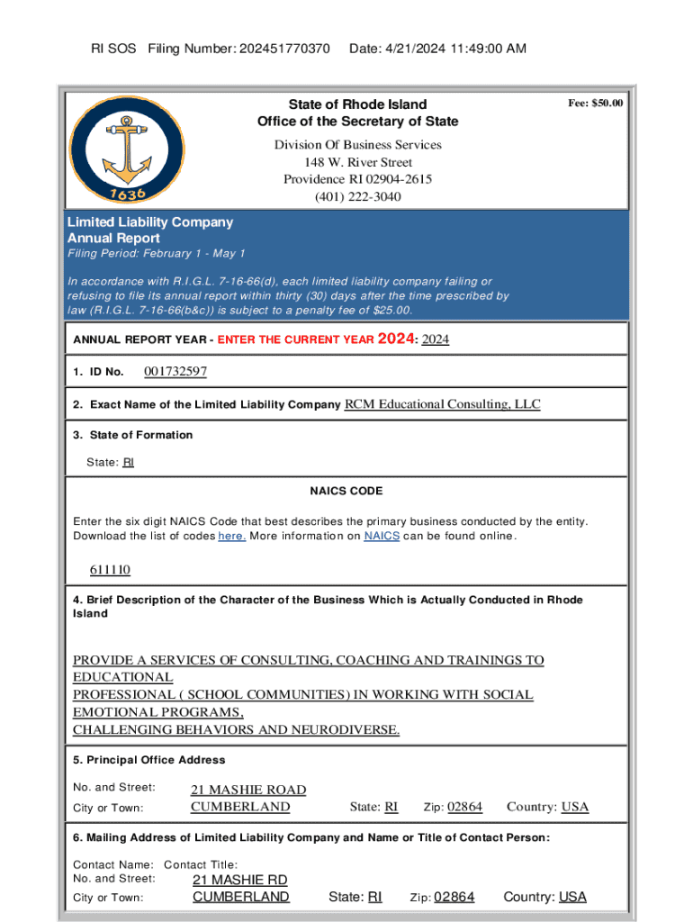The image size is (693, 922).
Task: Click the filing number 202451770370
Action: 285,48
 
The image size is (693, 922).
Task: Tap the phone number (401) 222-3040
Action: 357,196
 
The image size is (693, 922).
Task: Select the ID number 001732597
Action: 175,372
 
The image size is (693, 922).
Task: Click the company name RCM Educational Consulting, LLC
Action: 443,404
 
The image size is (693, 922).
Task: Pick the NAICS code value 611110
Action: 110,570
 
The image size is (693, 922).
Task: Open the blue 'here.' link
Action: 232,537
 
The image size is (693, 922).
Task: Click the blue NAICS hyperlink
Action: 382,537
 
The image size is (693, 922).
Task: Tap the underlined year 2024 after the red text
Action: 436,339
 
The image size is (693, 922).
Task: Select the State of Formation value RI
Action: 128,462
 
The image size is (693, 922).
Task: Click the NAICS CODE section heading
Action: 346,491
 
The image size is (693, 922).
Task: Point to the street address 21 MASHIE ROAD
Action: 248,790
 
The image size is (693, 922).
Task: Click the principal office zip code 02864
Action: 464,807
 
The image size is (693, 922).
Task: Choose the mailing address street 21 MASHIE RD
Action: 240,879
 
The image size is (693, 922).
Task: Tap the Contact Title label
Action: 201,864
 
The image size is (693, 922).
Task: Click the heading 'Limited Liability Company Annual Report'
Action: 150,230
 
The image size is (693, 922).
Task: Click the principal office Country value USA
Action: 575,807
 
